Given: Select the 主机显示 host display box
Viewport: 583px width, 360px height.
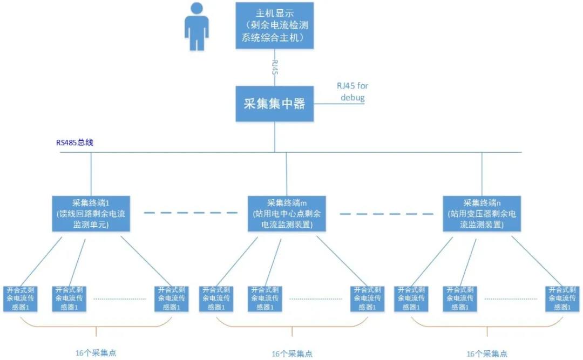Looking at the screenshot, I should point(274,25).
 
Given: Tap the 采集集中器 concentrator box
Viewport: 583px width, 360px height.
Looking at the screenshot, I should point(274,104).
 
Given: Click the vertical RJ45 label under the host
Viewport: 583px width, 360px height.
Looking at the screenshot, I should point(275,67).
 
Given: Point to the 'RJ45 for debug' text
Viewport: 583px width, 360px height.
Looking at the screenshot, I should point(352,92).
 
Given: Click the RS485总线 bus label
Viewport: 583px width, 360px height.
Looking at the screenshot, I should point(76,143).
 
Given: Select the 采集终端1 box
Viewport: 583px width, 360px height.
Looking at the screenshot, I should point(91,214).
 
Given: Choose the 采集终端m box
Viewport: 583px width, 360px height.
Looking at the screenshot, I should point(287,214).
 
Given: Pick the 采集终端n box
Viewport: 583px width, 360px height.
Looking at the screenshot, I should point(482,214).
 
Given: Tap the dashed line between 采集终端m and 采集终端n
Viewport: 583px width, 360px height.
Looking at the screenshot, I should point(385,213).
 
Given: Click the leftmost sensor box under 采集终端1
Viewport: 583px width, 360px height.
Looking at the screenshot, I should point(21,298).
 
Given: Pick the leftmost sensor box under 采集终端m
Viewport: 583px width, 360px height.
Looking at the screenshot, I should point(216,298).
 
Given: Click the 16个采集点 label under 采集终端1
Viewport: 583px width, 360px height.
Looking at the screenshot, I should point(96,354).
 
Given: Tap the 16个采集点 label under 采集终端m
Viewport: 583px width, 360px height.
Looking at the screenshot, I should point(291,354).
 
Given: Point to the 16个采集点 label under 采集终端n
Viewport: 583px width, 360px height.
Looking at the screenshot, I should point(487,354).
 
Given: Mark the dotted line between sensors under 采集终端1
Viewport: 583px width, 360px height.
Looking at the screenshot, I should point(120,298).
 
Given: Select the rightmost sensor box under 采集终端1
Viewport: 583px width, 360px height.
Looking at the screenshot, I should point(172,298).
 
